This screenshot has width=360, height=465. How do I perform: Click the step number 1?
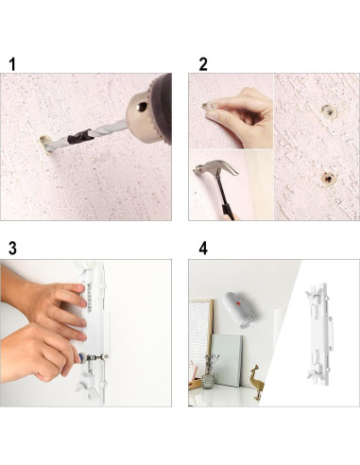pos(12,64)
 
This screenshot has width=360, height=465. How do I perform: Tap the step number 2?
pos(203,64)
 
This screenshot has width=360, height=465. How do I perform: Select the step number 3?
pos(12,249)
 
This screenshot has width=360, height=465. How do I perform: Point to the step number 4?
pos(203,249)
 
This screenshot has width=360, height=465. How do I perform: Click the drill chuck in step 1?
pos(148,111)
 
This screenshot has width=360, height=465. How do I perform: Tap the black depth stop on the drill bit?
pos(80,135)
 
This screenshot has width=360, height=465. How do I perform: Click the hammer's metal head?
pos(215,167)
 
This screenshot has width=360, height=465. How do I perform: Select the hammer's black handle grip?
pos(228,211)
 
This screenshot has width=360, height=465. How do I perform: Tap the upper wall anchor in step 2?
pos(328,112)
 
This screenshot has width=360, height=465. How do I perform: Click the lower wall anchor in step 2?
pos(328,179)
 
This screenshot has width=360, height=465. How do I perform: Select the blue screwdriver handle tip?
pos(82,358)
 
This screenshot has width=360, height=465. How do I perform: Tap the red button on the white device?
pos(238,304)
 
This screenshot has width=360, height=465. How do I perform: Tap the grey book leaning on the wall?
pos(227,361)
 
